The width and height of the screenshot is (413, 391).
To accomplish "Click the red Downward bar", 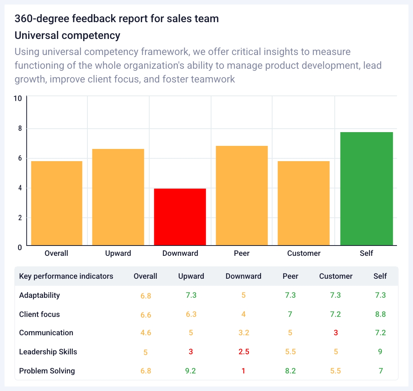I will (180, 217).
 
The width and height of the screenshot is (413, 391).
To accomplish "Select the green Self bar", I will (366, 189).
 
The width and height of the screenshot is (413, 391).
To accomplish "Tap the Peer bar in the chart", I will (242, 195).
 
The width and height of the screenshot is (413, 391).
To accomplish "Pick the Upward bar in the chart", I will (118, 197).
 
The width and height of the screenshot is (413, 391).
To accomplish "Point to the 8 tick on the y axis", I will (19, 129).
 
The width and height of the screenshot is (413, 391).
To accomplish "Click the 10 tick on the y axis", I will (18, 99).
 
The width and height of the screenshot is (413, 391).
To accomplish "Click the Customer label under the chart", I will (304, 253).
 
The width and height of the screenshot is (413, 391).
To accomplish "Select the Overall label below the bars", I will (56, 253).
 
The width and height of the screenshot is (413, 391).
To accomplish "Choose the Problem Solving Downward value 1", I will (244, 371).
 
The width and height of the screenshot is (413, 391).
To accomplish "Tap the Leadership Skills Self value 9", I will (380, 352).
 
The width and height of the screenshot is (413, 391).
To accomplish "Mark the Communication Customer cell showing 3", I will (336, 333).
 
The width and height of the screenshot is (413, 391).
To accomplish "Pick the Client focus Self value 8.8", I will (380, 314).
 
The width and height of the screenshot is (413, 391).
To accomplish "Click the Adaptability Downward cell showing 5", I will (244, 295).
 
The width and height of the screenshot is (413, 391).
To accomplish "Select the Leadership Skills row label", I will (48, 352).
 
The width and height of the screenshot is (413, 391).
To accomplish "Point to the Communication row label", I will (46, 333).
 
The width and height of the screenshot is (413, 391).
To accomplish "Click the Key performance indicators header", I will (66, 276).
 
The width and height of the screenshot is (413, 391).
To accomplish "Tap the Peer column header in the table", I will (290, 276).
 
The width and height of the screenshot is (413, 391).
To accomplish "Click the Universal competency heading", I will (67, 36).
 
